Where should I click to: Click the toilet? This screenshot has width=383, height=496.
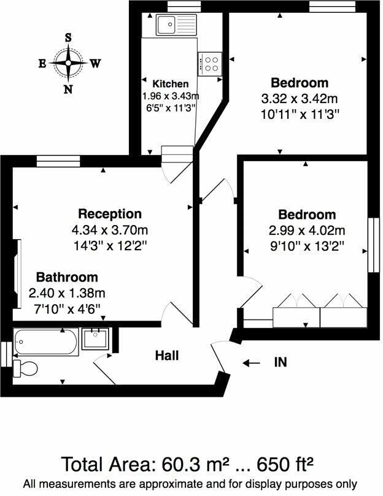tap(26, 368)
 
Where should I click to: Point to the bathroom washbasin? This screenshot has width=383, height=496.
tap(95, 338)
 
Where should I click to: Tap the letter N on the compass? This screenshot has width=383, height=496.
tap(68, 89)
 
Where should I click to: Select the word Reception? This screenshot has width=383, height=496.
tap(110, 214)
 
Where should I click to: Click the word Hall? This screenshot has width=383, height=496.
tap(167, 355)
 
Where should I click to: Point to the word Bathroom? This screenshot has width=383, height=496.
tap(67, 277)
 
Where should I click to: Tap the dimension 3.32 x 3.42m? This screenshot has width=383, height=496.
tap(300, 98)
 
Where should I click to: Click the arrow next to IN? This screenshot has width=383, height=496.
tap(251, 363)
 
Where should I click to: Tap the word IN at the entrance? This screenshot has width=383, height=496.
tap(280, 362)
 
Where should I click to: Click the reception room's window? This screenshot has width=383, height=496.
tap(58, 161)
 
